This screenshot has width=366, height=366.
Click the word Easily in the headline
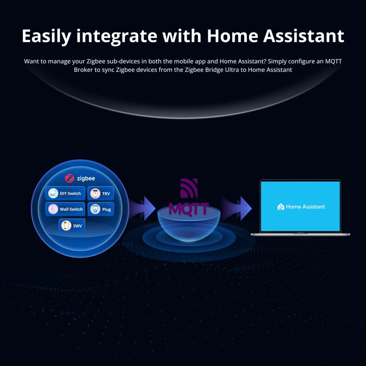click(x=46, y=36)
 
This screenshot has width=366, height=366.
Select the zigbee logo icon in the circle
click(x=69, y=179)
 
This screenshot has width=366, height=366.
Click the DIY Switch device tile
click(x=65, y=194)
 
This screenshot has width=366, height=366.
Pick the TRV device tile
click(x=101, y=194)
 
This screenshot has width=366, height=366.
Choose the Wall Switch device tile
click(x=65, y=209)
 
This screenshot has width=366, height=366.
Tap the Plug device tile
click(x=101, y=209)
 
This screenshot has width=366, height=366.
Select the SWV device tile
click(x=72, y=225)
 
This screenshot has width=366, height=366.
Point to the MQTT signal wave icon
click(x=188, y=188)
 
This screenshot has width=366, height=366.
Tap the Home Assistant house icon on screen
click(x=281, y=207)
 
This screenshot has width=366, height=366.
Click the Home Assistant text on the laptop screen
click(x=305, y=207)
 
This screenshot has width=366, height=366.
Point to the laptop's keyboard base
click(x=300, y=233)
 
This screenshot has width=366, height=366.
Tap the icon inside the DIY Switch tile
click(x=53, y=194)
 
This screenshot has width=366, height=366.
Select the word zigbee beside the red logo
click(x=86, y=179)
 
